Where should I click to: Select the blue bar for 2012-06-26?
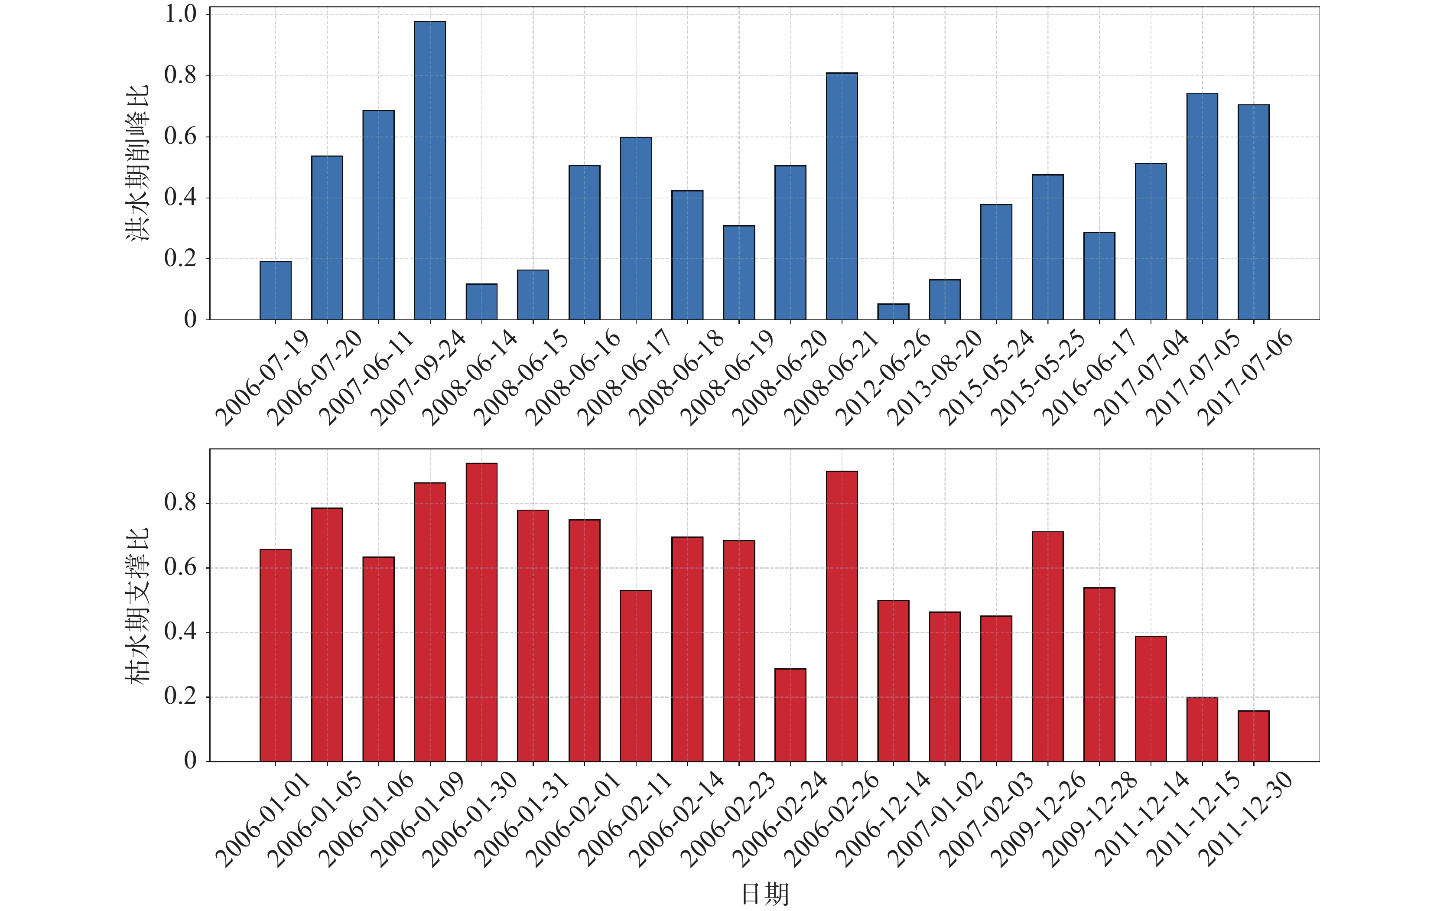pos(893,312)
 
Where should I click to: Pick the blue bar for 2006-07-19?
pos(276,290)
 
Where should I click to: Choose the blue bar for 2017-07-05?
pos(1202,207)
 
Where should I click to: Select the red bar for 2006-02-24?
pos(790,715)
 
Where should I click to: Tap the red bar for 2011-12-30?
pos(1254,736)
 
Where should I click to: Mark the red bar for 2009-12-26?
pos(1048,647)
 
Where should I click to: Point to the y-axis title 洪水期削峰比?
pos(137,164)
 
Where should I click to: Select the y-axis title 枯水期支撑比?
pos(137,606)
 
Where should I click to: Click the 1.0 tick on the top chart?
pos(181,14)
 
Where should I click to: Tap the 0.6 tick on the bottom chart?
pos(181,568)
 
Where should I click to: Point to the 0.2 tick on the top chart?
pos(181,259)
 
